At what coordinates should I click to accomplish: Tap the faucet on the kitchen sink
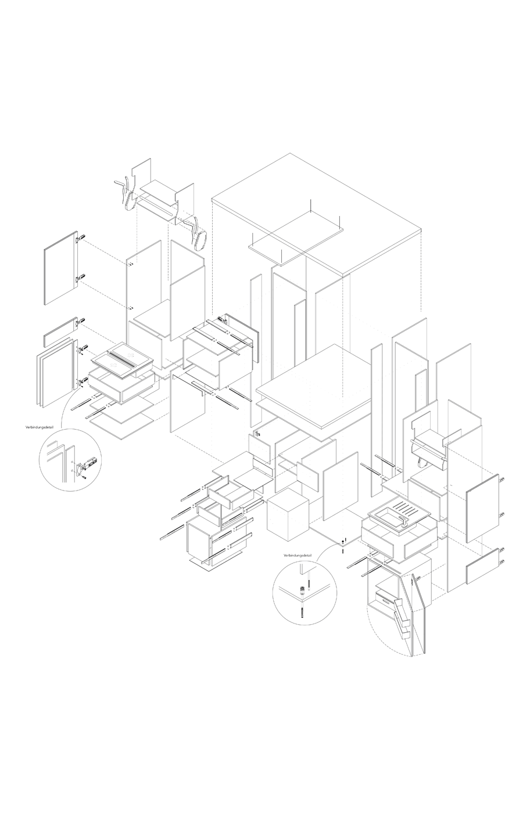(x=404, y=524)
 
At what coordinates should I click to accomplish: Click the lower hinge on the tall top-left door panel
(x=81, y=278)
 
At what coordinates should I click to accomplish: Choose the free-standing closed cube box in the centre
(x=288, y=516)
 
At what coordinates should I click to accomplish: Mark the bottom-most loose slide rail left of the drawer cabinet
(x=173, y=531)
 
